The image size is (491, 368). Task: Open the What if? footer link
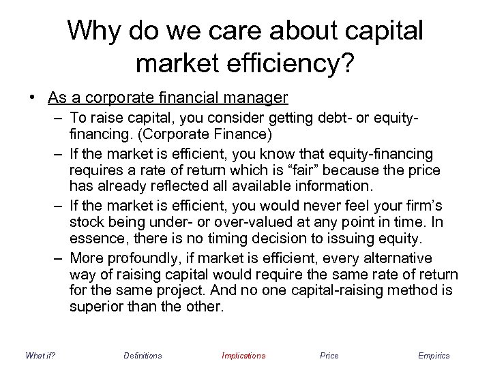pyautogui.click(x=39, y=355)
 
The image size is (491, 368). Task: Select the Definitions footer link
pyautogui.click(x=143, y=355)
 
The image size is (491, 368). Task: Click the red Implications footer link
pyautogui.click(x=243, y=355)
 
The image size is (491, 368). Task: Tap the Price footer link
pyautogui.click(x=329, y=355)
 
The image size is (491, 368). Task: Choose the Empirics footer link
pyautogui.click(x=434, y=355)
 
